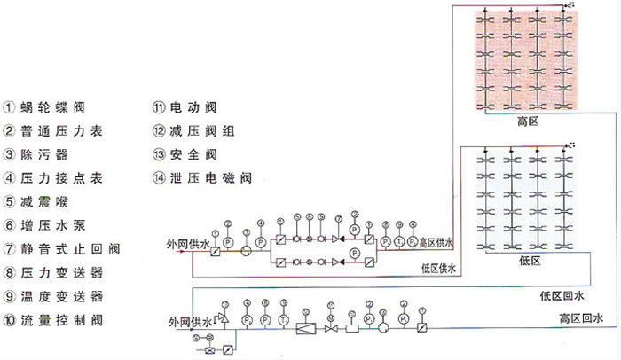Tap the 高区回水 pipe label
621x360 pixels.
pyautogui.click(x=581, y=317)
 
